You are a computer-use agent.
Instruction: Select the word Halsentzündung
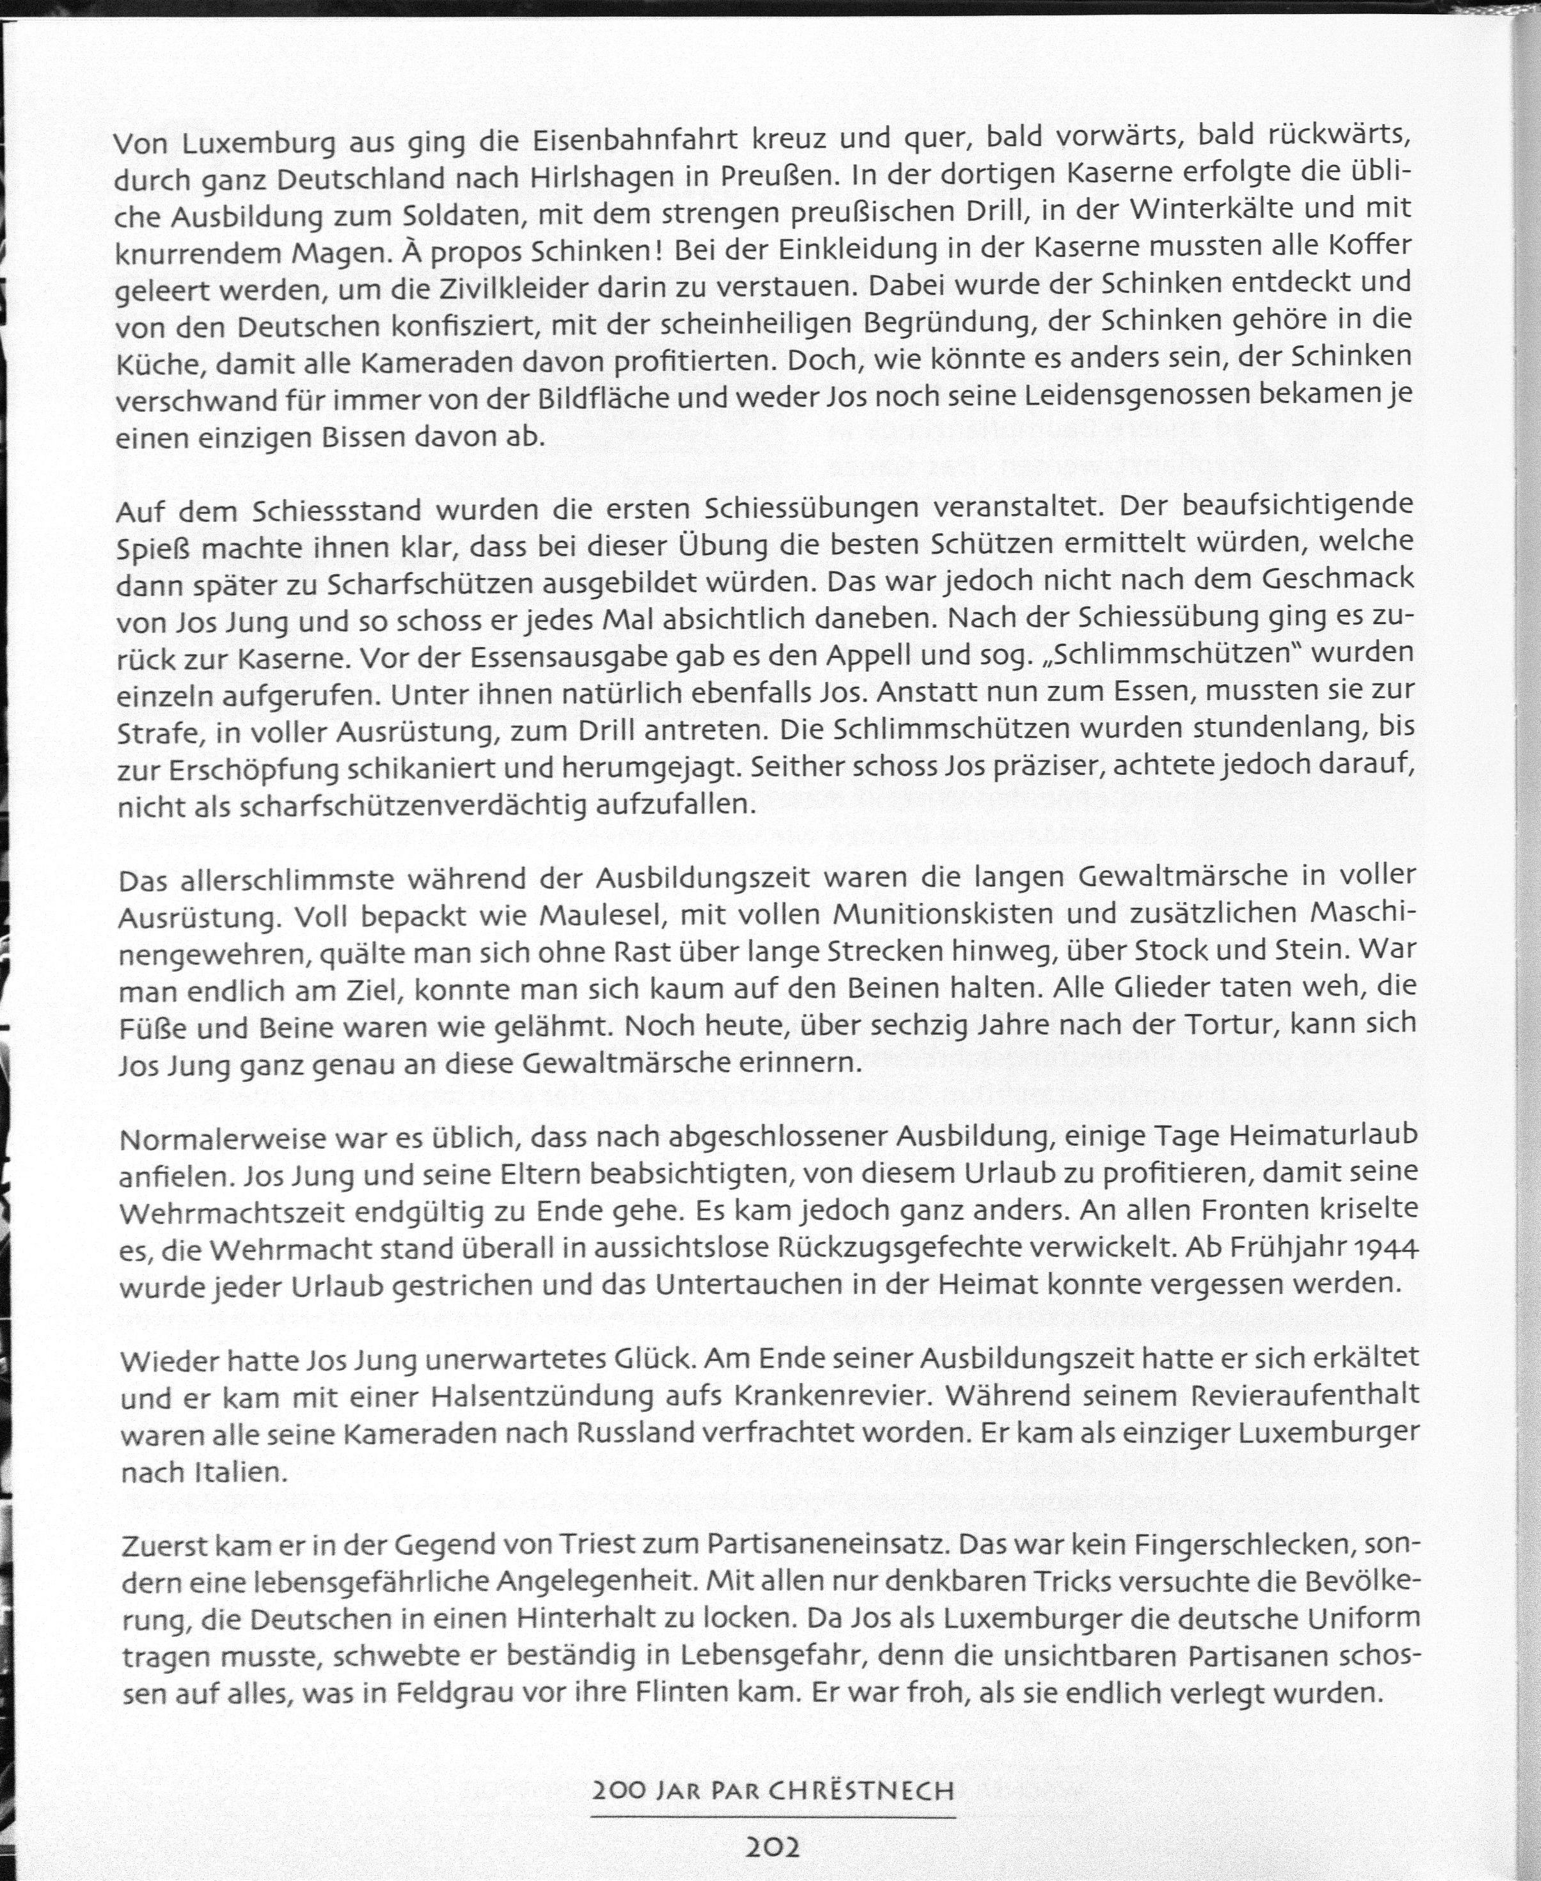pyautogui.click(x=539, y=1398)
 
